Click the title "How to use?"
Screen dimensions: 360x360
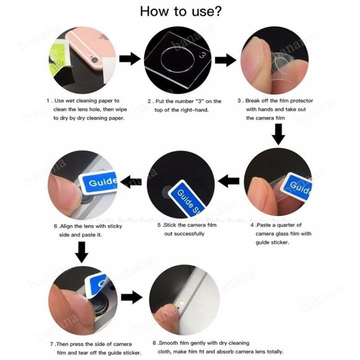point(181,11)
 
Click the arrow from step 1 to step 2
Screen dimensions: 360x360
point(130,58)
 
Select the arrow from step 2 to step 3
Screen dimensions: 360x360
point(225,60)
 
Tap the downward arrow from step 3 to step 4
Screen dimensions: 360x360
point(278,134)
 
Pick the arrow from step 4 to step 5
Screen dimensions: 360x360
point(228,181)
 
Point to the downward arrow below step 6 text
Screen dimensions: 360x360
point(81,252)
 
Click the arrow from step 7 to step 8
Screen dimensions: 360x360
point(132,297)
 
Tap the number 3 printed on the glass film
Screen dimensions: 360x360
point(202,55)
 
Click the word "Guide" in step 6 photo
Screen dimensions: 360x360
point(102,182)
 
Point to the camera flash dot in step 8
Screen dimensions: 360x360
point(181,302)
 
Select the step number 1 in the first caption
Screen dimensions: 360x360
point(48,101)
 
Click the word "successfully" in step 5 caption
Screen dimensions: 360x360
point(184,234)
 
